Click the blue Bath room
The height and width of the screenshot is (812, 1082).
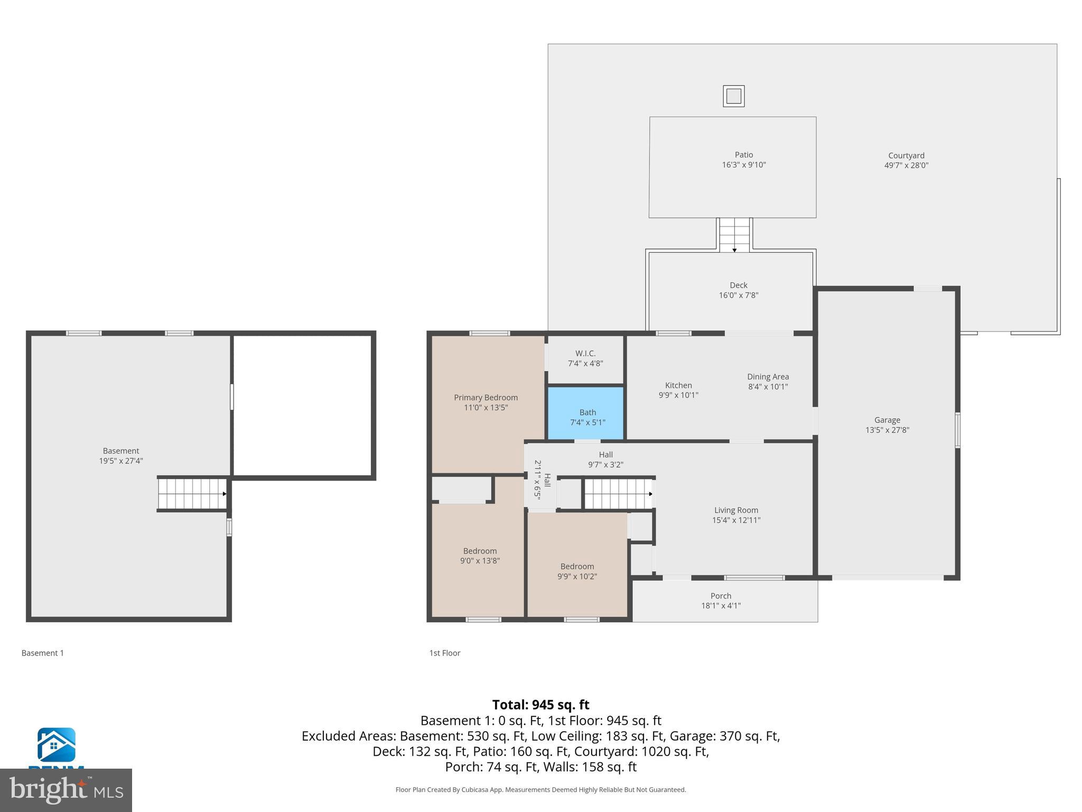pyautogui.click(x=586, y=413)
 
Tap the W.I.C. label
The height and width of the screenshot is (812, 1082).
pyautogui.click(x=585, y=353)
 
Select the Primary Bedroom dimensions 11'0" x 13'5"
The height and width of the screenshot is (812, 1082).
pyautogui.click(x=486, y=408)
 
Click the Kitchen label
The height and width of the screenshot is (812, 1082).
pyautogui.click(x=678, y=385)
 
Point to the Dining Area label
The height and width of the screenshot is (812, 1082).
pyautogui.click(x=768, y=376)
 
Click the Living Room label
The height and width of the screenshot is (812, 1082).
pyautogui.click(x=736, y=510)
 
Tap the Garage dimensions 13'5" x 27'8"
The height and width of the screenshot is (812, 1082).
pyautogui.click(x=887, y=430)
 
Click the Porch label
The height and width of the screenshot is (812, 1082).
pyautogui.click(x=721, y=596)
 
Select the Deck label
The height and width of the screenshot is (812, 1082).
pyautogui.click(x=738, y=285)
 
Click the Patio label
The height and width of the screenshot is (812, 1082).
pyautogui.click(x=743, y=155)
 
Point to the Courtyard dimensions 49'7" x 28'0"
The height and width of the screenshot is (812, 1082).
pyautogui.click(x=906, y=165)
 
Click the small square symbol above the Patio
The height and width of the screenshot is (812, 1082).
pyautogui.click(x=734, y=96)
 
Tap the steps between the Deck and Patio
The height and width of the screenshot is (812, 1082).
pyautogui.click(x=734, y=235)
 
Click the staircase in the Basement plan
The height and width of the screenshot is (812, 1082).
pyautogui.click(x=192, y=494)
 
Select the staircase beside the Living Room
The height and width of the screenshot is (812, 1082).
pyautogui.click(x=618, y=494)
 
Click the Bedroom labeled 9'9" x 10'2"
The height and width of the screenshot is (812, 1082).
pyautogui.click(x=577, y=567)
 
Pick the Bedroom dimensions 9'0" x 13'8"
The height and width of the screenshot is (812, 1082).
pyautogui.click(x=480, y=561)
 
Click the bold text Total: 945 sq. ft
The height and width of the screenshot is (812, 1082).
pyautogui.click(x=540, y=705)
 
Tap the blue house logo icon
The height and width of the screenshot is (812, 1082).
pyautogui.click(x=56, y=745)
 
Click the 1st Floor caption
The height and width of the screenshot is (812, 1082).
pyautogui.click(x=444, y=653)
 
